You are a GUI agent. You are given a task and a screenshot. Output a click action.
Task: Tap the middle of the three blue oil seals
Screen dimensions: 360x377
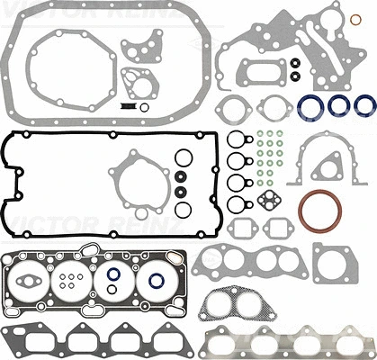click(x=339, y=105)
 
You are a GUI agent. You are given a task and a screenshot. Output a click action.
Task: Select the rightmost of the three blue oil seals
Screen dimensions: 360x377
click(x=364, y=105)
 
